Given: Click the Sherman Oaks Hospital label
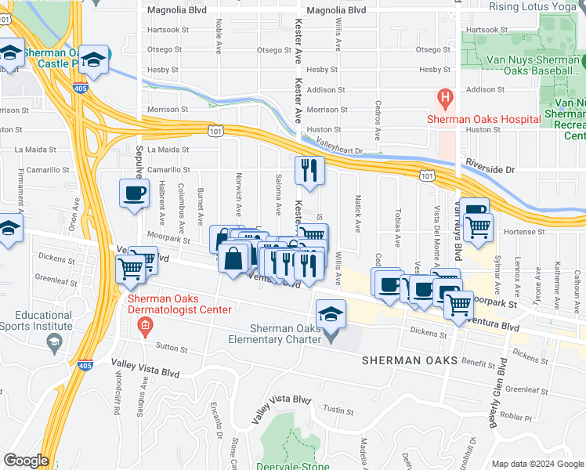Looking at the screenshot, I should coord(483,119).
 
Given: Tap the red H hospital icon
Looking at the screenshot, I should coord(445,99).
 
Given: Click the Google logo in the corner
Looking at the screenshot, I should coord(26,461).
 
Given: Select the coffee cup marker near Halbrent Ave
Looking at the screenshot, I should coord(134,193).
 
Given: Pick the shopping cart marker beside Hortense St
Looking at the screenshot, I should coord(478,230).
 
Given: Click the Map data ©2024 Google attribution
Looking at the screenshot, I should coord(537,464).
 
